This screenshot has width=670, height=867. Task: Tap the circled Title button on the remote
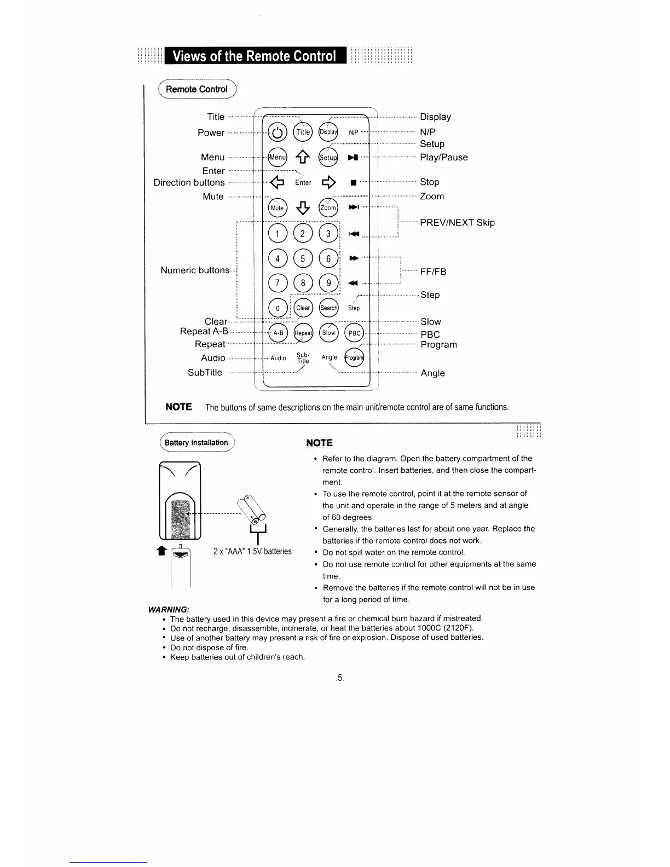(303, 132)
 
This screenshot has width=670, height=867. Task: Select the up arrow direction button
(303, 158)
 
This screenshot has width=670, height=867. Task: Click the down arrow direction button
(303, 207)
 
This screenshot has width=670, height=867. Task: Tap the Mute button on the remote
(278, 207)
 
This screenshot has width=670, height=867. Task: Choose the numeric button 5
(303, 258)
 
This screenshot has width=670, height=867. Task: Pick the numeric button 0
(278, 308)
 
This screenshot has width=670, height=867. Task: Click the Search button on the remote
(328, 308)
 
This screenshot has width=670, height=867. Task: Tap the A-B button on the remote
(278, 333)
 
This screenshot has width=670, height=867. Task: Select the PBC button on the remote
(355, 333)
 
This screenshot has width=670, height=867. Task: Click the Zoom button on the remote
(328, 207)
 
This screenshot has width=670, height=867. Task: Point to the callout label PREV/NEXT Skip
(457, 223)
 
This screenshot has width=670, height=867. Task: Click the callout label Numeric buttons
(195, 270)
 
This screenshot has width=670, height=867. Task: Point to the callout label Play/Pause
(443, 158)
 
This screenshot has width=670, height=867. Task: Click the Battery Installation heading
(197, 443)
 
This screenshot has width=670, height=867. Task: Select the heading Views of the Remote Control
(254, 56)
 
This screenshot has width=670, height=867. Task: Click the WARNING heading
(169, 609)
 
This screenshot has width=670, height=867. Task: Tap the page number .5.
(340, 678)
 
